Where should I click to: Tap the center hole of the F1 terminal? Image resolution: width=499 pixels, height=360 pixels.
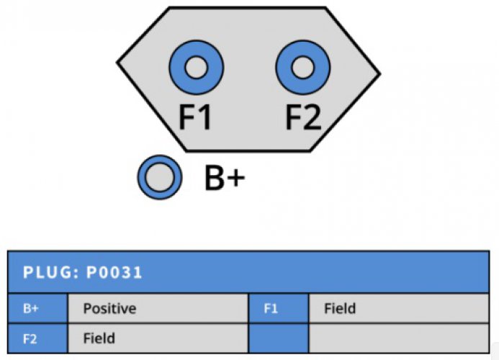[197, 68]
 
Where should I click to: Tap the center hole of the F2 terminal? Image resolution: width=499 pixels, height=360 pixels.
[303, 68]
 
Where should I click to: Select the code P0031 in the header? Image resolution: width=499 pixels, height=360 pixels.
[114, 272]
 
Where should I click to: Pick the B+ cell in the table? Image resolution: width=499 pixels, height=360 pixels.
[37, 308]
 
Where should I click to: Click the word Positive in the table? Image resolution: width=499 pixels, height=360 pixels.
[109, 309]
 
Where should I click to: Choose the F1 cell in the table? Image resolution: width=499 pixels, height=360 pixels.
[279, 308]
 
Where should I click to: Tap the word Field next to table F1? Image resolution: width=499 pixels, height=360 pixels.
[340, 308]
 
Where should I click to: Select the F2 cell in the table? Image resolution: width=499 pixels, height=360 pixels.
[37, 338]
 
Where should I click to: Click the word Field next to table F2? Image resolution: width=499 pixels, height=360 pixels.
[99, 338]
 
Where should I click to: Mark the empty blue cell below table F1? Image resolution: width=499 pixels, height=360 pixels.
[279, 338]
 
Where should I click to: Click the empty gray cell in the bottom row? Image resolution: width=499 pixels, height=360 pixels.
[399, 338]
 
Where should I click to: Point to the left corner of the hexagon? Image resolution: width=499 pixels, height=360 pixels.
[117, 63]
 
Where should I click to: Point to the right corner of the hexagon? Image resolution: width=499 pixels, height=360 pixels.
[380, 74]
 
